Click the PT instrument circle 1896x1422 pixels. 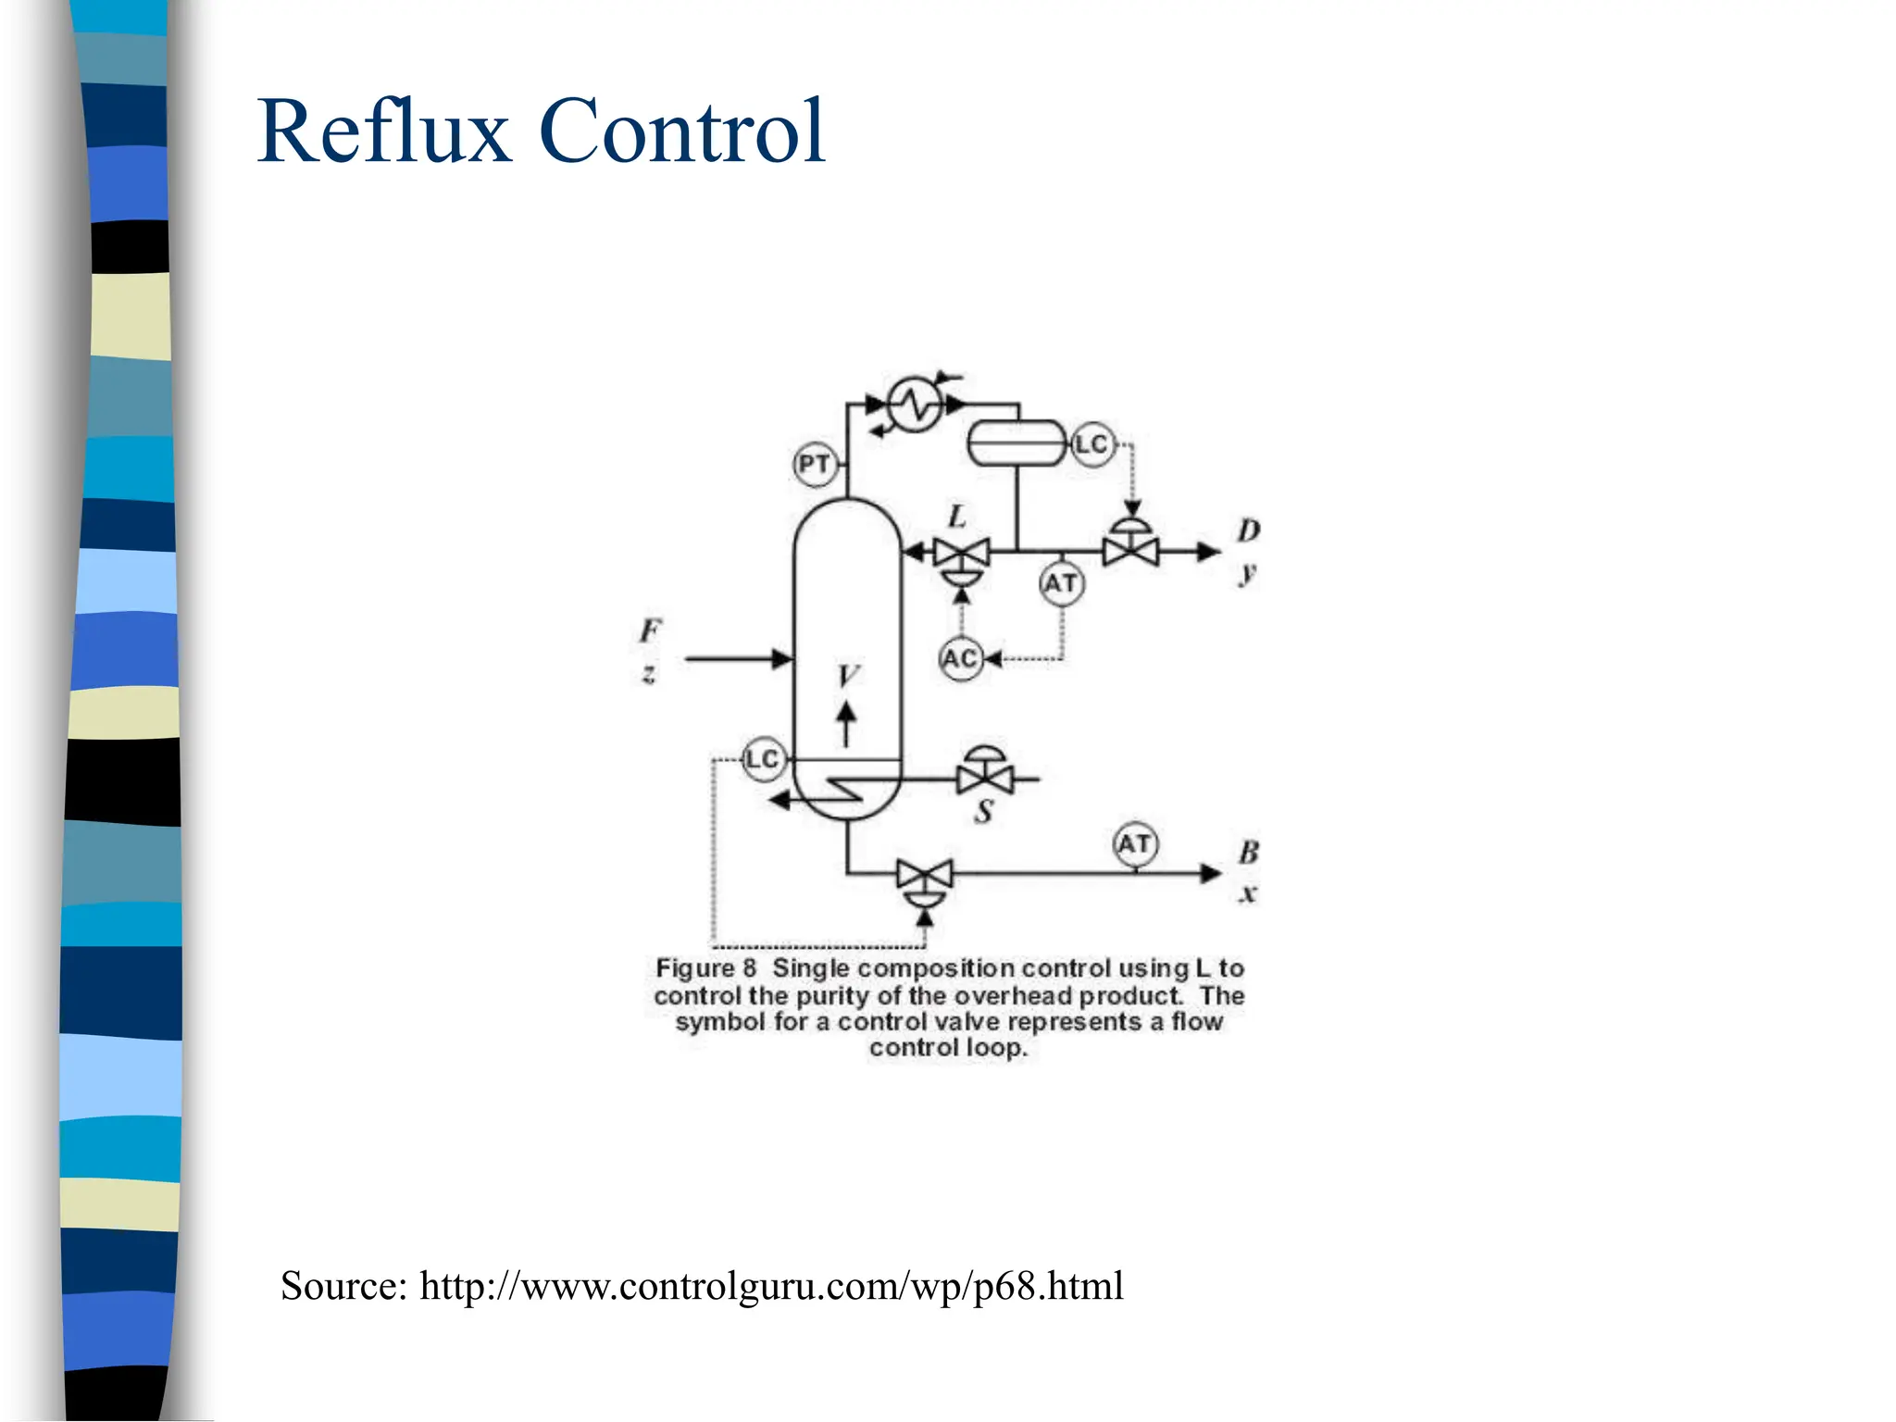pyautogui.click(x=815, y=464)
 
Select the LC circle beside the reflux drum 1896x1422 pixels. pyautogui.click(x=1092, y=444)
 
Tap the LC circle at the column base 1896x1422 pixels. pyautogui.click(x=764, y=760)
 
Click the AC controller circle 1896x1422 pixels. pyautogui.click(x=960, y=659)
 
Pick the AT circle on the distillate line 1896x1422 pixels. pyautogui.click(x=1061, y=584)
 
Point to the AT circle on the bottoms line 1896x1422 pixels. pyautogui.click(x=1135, y=844)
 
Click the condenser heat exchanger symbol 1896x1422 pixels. pyautogui.click(x=915, y=405)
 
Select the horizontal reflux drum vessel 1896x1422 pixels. pyautogui.click(x=1017, y=443)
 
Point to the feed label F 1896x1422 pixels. pyautogui.click(x=651, y=631)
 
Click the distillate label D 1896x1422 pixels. pyautogui.click(x=1249, y=530)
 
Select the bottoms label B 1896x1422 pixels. pyautogui.click(x=1249, y=852)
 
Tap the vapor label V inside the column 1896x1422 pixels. pyautogui.click(x=847, y=676)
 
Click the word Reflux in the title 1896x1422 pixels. pyautogui.click(x=384, y=131)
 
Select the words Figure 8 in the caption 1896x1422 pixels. pyautogui.click(x=705, y=968)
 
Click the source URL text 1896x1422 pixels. pyautogui.click(x=771, y=1286)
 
